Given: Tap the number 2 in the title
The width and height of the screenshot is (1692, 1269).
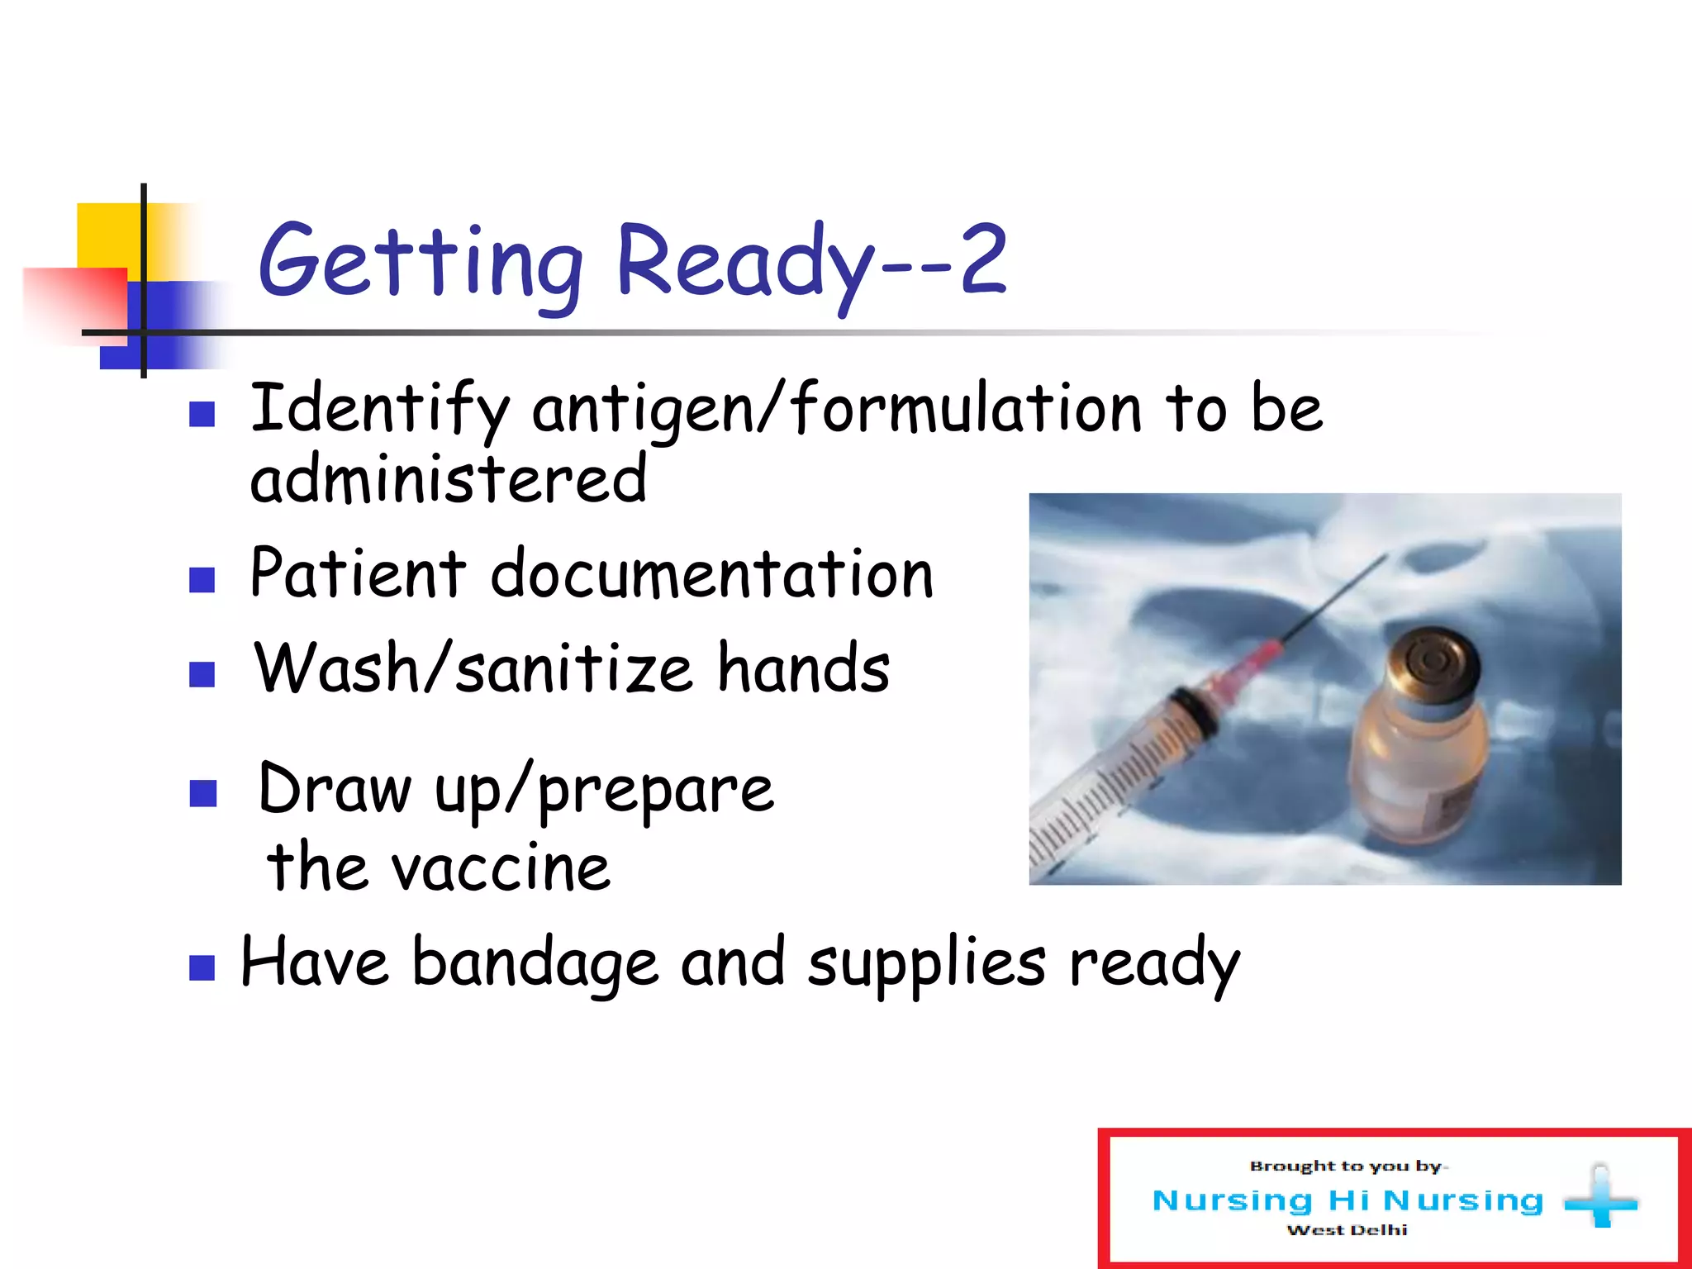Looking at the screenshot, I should pyautogui.click(x=982, y=260).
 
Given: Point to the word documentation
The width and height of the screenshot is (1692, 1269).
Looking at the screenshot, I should pyautogui.click(x=712, y=574).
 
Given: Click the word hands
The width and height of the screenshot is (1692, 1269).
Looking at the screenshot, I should pyautogui.click(x=803, y=669).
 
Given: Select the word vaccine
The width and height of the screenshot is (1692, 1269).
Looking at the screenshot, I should pyautogui.click(x=500, y=869).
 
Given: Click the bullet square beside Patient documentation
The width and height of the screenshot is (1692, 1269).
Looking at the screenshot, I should pyautogui.click(x=202, y=580).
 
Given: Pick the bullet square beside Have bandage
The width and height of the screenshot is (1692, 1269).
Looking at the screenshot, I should pyautogui.click(x=202, y=967).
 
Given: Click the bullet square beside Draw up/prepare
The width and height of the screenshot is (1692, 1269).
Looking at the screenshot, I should pyautogui.click(x=202, y=793).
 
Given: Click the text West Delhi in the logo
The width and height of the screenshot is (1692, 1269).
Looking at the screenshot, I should pyautogui.click(x=1347, y=1230).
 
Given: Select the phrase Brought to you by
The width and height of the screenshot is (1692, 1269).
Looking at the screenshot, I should pyautogui.click(x=1347, y=1166).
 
